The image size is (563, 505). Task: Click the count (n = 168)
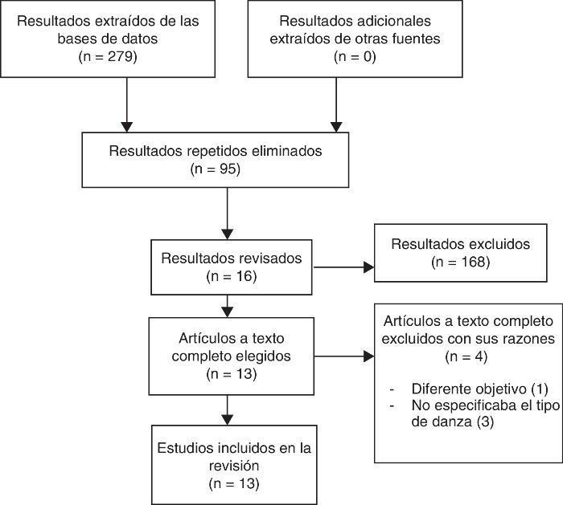coord(462,262)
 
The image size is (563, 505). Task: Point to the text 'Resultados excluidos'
coord(462,244)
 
